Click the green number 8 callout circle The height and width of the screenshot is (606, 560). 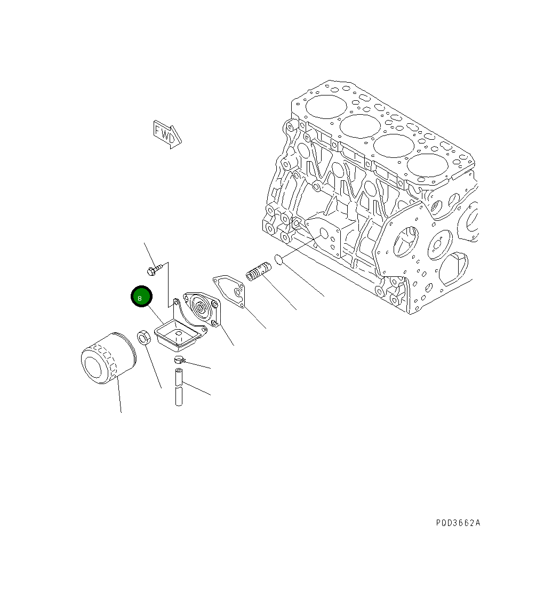click(141, 297)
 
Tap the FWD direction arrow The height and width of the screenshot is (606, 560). click(167, 134)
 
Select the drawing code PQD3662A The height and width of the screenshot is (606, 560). click(458, 523)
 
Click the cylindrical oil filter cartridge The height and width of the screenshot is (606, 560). click(109, 358)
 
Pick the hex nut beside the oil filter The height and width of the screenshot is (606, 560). click(144, 337)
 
